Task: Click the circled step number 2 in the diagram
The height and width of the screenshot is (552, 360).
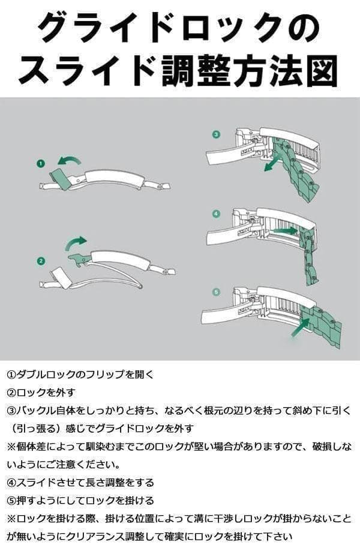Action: [41, 260]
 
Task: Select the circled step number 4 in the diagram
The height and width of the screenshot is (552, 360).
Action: [217, 213]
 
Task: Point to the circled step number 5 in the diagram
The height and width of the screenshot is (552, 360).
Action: [217, 292]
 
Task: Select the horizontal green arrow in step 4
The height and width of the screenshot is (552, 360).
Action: [284, 230]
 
